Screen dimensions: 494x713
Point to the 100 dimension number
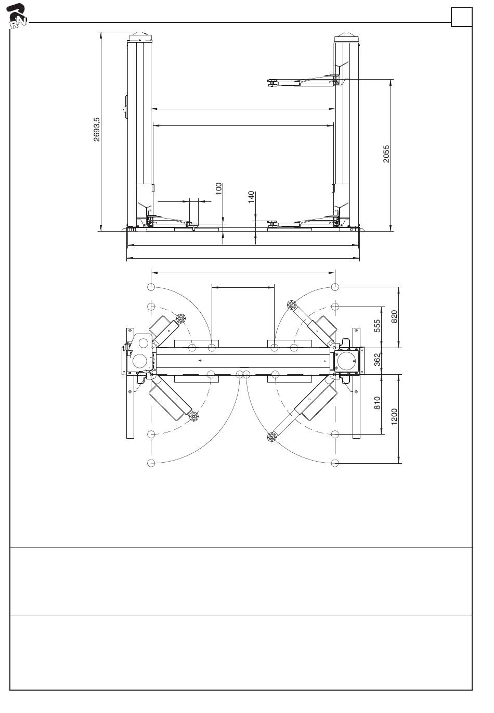tap(219, 188)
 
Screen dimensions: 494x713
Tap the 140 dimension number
tap(252, 197)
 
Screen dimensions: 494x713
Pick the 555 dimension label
tap(378, 325)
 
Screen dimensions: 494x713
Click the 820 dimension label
tap(394, 316)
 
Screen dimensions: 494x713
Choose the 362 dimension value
tap(378, 360)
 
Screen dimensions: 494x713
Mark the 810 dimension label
tap(378, 403)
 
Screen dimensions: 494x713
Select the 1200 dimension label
tap(394, 417)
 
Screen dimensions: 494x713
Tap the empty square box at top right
tap(461, 17)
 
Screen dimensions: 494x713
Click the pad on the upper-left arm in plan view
tap(180, 318)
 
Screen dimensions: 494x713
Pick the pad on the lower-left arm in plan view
tap(194, 416)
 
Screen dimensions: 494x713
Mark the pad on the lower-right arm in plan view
tap(271, 437)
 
